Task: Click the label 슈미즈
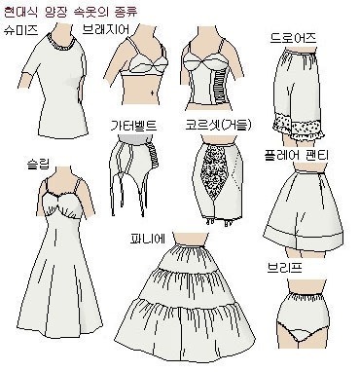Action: click(21, 30)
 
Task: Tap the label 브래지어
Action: click(106, 29)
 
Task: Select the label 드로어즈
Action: click(293, 38)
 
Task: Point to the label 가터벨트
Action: click(133, 125)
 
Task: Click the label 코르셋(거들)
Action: click(218, 125)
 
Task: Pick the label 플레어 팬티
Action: click(296, 155)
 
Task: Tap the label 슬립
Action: click(38, 164)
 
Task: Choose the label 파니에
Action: click(147, 240)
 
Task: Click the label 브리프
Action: click(285, 268)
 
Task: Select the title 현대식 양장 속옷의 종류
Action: click(71, 12)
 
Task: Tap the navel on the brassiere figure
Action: click(152, 93)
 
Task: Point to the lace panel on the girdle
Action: click(214, 170)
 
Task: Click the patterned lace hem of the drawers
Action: click(298, 127)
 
